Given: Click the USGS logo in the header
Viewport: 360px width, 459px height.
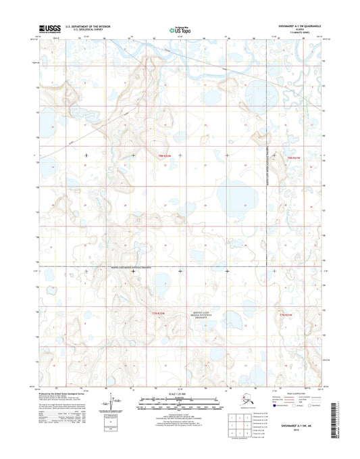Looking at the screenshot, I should tap(50, 28).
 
